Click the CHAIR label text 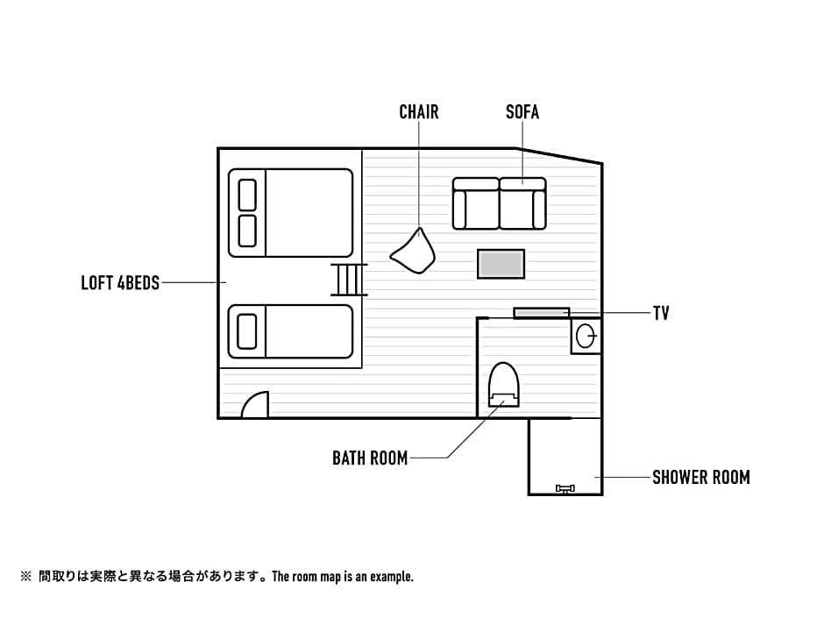pyautogui.click(x=419, y=112)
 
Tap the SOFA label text pyautogui.click(x=522, y=112)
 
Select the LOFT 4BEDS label pyautogui.click(x=120, y=283)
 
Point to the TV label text pyautogui.click(x=661, y=313)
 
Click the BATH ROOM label pyautogui.click(x=370, y=458)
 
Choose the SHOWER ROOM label pyautogui.click(x=701, y=477)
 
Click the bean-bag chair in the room pyautogui.click(x=414, y=252)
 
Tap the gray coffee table pyautogui.click(x=501, y=264)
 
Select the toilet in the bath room pyautogui.click(x=504, y=384)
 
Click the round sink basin pyautogui.click(x=586, y=335)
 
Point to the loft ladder pyautogui.click(x=348, y=280)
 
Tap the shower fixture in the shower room pyautogui.click(x=565, y=489)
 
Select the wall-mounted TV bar pyautogui.click(x=541, y=313)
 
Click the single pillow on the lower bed pyautogui.click(x=247, y=331)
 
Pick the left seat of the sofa pyautogui.click(x=476, y=203)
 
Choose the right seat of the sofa pyautogui.click(x=522, y=203)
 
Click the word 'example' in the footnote pyautogui.click(x=391, y=577)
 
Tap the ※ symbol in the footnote pyautogui.click(x=25, y=577)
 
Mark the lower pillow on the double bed pyautogui.click(x=247, y=231)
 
